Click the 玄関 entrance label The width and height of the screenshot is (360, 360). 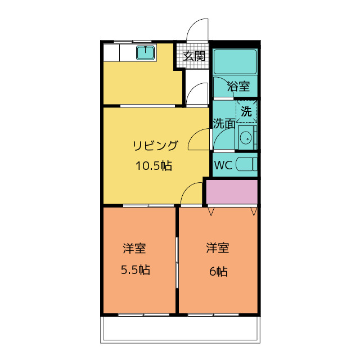[194, 56]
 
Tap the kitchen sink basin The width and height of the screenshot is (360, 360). [145, 52]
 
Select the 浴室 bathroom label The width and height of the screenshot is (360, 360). [238, 86]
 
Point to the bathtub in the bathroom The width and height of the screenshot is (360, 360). [235, 61]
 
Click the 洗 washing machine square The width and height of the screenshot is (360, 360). [246, 111]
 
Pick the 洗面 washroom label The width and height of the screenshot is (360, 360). [224, 124]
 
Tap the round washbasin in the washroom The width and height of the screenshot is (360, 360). [246, 138]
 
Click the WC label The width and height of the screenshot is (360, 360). [223, 165]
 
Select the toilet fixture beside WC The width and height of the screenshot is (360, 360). [246, 164]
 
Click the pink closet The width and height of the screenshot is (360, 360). [232, 192]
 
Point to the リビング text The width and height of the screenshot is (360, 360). [155, 146]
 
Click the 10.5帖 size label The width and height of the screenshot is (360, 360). [154, 165]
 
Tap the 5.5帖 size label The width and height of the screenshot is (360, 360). [136, 270]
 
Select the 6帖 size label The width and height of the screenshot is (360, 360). [218, 271]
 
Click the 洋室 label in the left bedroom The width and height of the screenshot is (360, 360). [134, 248]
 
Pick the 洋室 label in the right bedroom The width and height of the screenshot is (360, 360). [218, 247]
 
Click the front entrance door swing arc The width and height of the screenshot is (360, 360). [193, 25]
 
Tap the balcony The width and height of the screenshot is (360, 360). [180, 330]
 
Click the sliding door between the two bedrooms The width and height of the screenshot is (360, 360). [177, 263]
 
